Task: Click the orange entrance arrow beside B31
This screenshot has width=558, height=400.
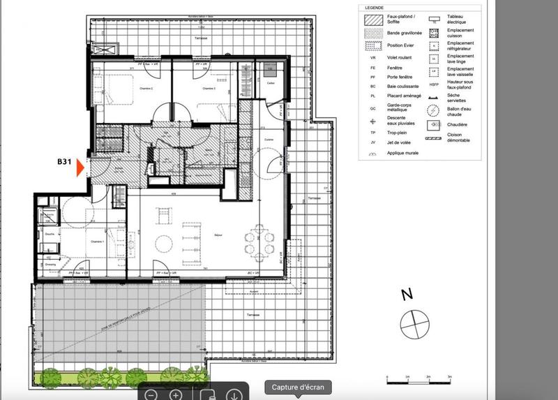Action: coord(80,168)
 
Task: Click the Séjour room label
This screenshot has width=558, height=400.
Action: coord(200,235)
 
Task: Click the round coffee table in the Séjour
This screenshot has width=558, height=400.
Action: coord(164,242)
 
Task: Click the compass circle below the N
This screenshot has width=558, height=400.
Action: coord(412,323)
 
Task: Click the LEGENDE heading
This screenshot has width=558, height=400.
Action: coord(375,8)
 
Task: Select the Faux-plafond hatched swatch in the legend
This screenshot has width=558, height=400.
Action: coord(374,20)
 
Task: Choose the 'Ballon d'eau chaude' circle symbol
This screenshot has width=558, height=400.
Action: coord(433,110)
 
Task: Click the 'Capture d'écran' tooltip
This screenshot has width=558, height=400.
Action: coord(297,387)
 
